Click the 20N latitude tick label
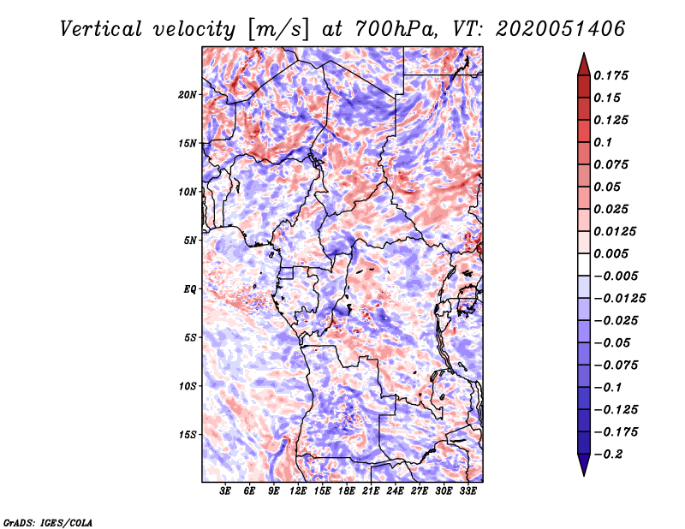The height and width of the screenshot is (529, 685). pyautogui.click(x=188, y=94)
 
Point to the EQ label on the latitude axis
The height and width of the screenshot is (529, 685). pyautogui.click(x=189, y=288)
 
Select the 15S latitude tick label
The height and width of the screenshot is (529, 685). pyautogui.click(x=188, y=434)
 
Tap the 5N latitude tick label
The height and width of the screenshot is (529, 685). pyautogui.click(x=190, y=241)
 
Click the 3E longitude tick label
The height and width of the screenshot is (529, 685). pyautogui.click(x=225, y=491)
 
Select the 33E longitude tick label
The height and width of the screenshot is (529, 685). pyautogui.click(x=468, y=491)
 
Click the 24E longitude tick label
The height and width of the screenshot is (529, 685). pyautogui.click(x=396, y=491)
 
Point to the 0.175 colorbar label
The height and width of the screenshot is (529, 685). pyautogui.click(x=612, y=75)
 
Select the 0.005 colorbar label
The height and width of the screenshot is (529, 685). pyautogui.click(x=612, y=253)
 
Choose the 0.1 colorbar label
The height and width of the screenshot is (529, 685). pyautogui.click(x=603, y=142)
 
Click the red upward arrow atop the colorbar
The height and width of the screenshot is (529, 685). pyautogui.click(x=583, y=62)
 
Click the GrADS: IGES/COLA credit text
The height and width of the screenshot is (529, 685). pyautogui.click(x=47, y=520)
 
